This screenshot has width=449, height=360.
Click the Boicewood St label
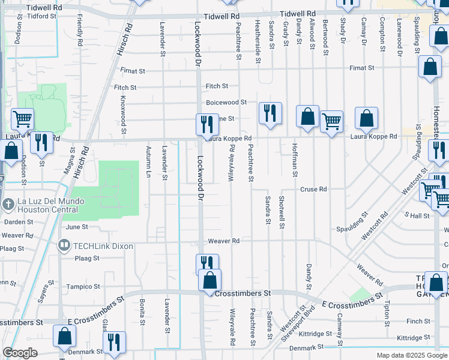coord(226,103)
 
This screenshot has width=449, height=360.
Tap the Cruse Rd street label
coord(313,189)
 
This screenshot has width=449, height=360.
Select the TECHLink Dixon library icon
coord(64,245)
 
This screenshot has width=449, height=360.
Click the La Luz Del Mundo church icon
coord(8,204)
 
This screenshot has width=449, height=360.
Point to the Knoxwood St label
coord(123,114)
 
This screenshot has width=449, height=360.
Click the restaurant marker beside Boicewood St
coord(270,112)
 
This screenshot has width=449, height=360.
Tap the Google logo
coord(20,353)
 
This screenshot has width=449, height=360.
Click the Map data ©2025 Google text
coord(411,355)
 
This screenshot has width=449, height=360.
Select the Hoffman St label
coord(295,161)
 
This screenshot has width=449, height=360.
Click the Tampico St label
coord(83,287)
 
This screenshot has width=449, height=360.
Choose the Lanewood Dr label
coord(399,38)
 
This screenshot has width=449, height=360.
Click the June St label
coord(77,227)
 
